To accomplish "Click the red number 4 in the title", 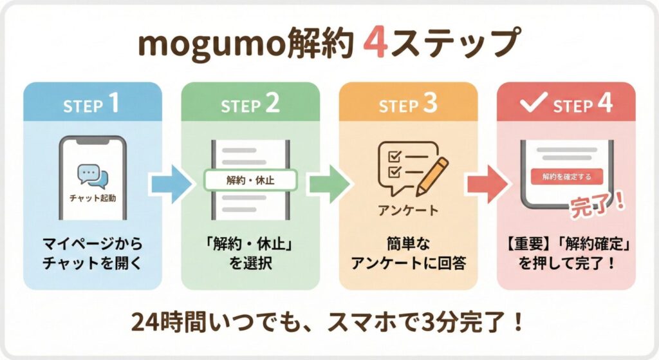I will [375, 46].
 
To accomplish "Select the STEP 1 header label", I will [91, 105].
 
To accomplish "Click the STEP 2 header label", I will [250, 105].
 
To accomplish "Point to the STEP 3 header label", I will [408, 105].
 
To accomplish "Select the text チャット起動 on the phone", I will [93, 198].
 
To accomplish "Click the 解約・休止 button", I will [250, 180].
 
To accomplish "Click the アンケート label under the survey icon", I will [408, 211].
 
